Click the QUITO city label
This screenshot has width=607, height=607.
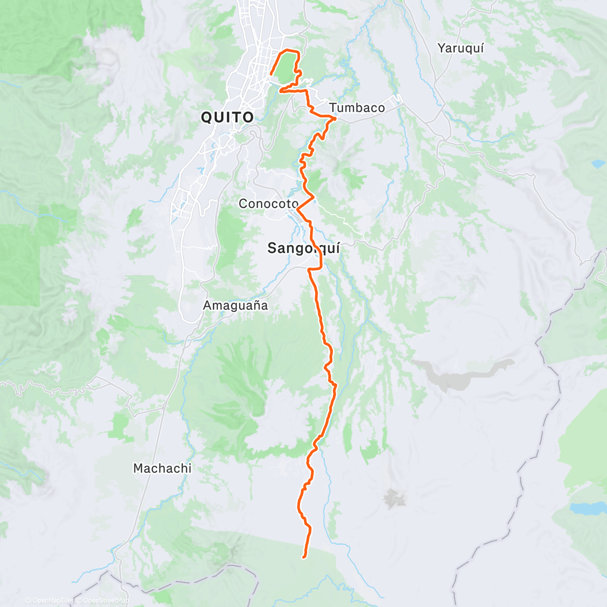[227, 117]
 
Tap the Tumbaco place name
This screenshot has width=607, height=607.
[357, 108]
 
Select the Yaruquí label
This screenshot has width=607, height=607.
[460, 48]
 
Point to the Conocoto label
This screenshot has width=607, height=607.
[269, 204]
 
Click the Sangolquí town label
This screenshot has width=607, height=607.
[303, 248]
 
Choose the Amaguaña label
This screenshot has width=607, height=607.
[235, 306]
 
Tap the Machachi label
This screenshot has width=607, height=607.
[162, 468]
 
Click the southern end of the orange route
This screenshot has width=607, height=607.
[303, 557]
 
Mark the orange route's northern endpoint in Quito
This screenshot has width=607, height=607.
[272, 74]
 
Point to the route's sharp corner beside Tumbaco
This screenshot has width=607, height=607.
[334, 118]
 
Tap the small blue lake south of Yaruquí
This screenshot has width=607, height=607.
[598, 164]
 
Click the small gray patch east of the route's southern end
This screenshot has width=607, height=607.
[395, 499]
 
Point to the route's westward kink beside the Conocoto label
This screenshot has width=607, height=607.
[298, 208]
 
